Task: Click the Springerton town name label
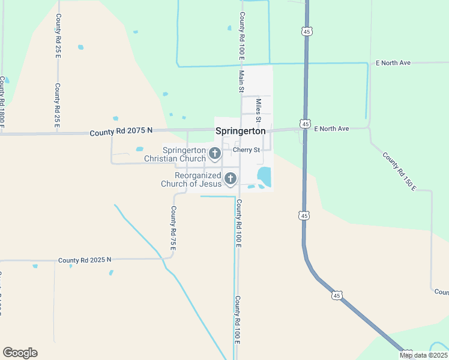point(240,131)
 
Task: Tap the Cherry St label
point(247,149)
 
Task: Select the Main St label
point(241,82)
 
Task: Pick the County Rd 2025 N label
point(85,260)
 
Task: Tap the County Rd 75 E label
point(173,228)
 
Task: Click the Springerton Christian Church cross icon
point(214,154)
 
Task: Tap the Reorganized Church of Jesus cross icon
point(230,179)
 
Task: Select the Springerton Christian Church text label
point(175,154)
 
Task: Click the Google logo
point(20,353)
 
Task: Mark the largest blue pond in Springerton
point(264,176)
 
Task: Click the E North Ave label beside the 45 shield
point(333,128)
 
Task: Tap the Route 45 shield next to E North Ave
point(306,124)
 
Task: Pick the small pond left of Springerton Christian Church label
point(140,149)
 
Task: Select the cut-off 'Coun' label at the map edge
point(441,292)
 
